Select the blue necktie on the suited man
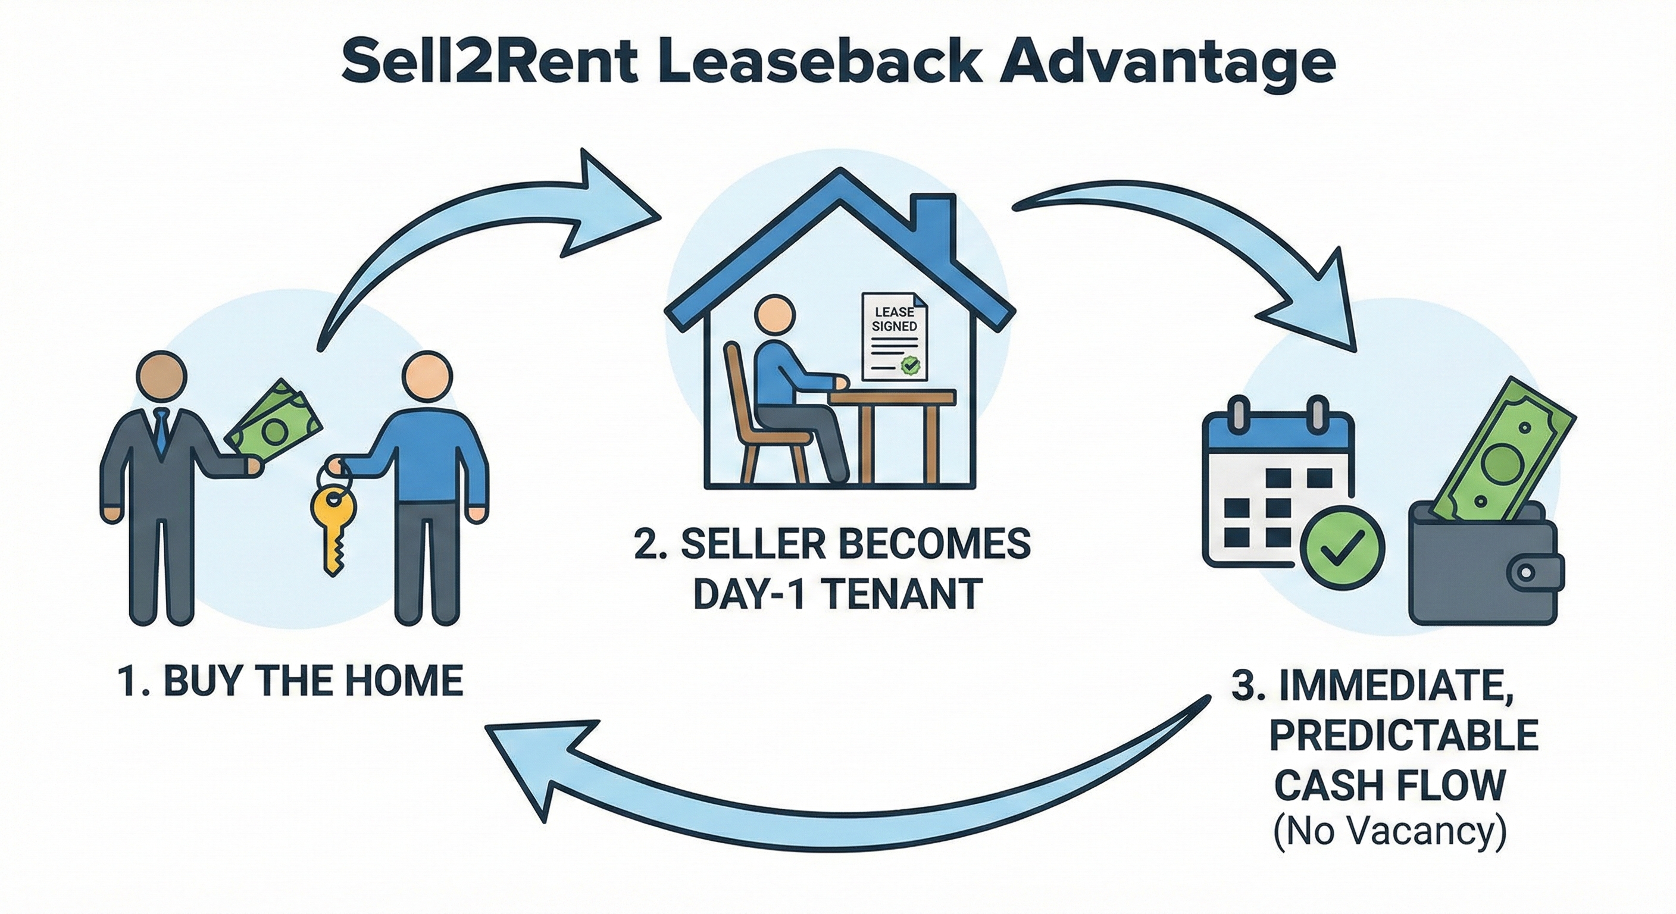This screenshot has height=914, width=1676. pyautogui.click(x=160, y=433)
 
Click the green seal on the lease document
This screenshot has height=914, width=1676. pyautogui.click(x=910, y=365)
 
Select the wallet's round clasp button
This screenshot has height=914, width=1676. pyautogui.click(x=1524, y=572)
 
